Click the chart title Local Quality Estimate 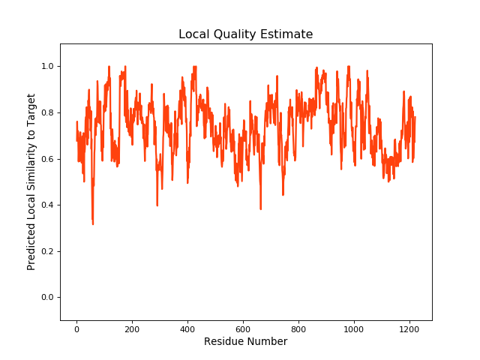coord(245,34)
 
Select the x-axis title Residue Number coord(245,342)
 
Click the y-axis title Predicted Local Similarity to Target coord(31,182)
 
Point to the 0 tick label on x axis coord(76,328)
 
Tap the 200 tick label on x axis coord(132,328)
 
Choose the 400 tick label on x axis coord(187,328)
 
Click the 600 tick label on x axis coord(243,328)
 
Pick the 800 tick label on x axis coord(298,328)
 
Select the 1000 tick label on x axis coord(354,328)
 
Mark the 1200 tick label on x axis coord(409,328)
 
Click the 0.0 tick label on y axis coord(48,298)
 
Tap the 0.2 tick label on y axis coord(48,251)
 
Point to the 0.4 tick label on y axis coord(48,205)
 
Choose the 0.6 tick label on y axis coord(48,159)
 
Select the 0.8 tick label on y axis coord(48,113)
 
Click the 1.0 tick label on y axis coord(48,67)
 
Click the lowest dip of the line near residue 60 coord(93,223)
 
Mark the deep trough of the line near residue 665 coord(260,208)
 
